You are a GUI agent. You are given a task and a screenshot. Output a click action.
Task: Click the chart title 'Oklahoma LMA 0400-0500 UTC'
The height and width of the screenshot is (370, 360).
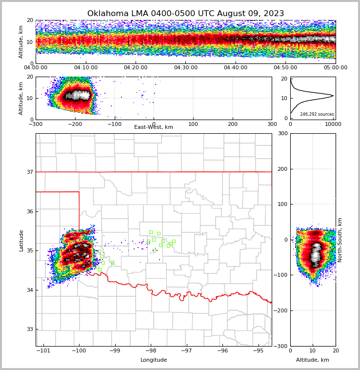pyautogui.click(x=185, y=14)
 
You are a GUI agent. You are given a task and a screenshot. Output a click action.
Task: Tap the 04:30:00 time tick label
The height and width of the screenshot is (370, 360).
pyautogui.click(x=185, y=68)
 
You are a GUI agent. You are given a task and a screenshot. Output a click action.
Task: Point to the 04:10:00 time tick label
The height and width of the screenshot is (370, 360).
pyautogui.click(x=85, y=68)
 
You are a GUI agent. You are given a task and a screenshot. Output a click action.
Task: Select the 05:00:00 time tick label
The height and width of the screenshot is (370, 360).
pyautogui.click(x=335, y=68)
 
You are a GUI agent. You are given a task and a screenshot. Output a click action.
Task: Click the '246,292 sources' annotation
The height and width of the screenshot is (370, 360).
pyautogui.click(x=317, y=114)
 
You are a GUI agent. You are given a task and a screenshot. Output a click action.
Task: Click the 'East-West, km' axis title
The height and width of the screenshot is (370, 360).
pyautogui.click(x=154, y=127)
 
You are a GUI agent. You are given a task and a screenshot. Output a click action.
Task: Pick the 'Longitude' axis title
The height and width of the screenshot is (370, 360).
pyautogui.click(x=154, y=360)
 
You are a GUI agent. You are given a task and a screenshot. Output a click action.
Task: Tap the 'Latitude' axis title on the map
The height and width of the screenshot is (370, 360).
pyautogui.click(x=21, y=240)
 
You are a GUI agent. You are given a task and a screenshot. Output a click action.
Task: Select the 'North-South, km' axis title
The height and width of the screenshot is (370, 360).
pyautogui.click(x=340, y=240)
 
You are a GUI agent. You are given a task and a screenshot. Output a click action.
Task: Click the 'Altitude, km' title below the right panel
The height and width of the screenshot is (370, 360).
pyautogui.click(x=313, y=360)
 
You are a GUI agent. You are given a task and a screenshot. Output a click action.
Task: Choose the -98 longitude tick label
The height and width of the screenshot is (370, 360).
pyautogui.click(x=151, y=351)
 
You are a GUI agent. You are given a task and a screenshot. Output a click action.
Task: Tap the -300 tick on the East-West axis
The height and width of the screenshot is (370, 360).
pyautogui.click(x=36, y=124)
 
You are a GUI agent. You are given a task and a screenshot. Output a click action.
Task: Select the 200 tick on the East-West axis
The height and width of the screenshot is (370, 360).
pyautogui.click(x=233, y=124)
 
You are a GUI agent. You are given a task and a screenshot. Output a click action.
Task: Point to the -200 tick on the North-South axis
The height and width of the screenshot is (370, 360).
pyautogui.click(x=281, y=310)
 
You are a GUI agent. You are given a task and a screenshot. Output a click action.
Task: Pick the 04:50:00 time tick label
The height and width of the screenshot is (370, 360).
pyautogui.click(x=285, y=68)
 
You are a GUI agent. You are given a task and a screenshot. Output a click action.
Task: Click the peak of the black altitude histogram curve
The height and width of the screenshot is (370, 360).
pyautogui.click(x=333, y=96)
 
